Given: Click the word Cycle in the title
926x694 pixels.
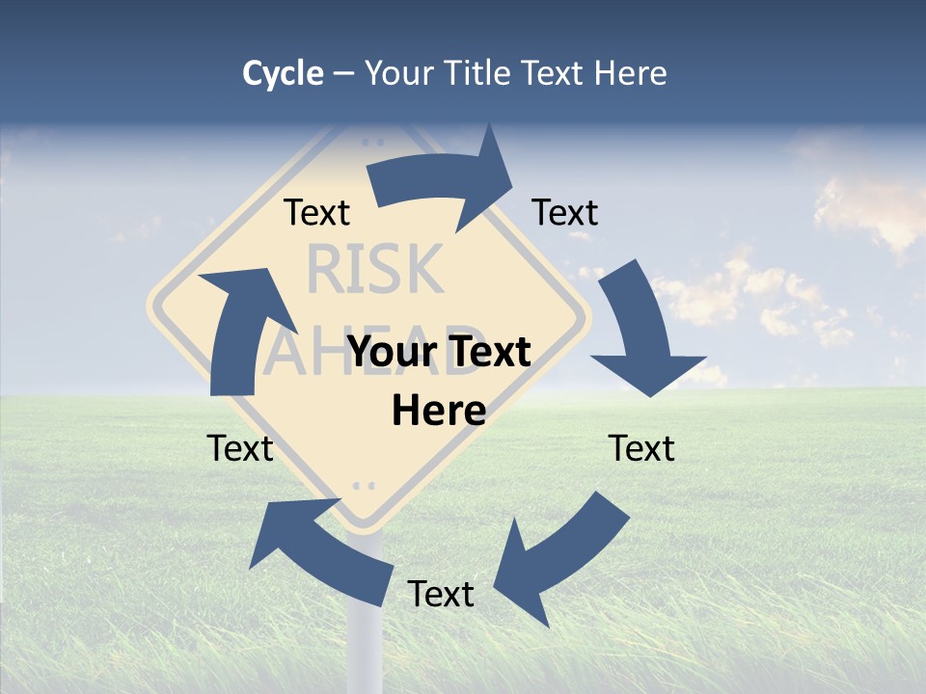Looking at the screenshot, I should click(x=283, y=73).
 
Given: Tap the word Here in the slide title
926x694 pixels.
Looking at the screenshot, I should click(x=629, y=73).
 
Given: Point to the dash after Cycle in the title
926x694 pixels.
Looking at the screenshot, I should click(x=343, y=74).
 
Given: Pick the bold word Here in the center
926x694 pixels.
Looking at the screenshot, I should click(x=439, y=411).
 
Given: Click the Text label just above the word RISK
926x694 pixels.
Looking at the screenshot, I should click(x=316, y=212).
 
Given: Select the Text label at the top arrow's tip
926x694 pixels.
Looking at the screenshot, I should click(x=565, y=212).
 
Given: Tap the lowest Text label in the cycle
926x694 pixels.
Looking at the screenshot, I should click(x=441, y=594).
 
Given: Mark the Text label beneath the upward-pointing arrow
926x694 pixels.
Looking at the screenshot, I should click(x=240, y=448).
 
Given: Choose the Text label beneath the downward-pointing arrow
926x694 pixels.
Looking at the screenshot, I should click(x=641, y=448).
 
